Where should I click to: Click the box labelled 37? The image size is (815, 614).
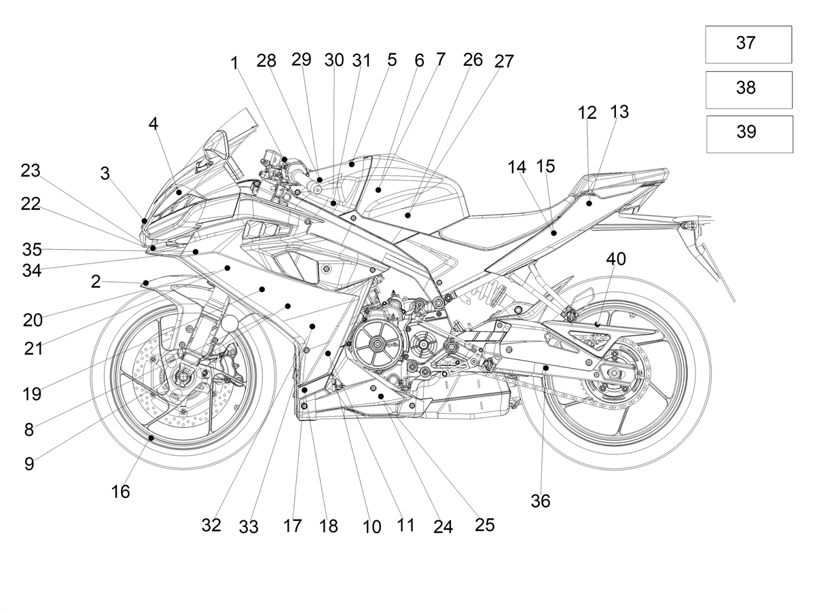(748, 45)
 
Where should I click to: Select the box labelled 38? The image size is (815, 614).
(748, 90)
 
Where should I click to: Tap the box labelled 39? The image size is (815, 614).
(749, 134)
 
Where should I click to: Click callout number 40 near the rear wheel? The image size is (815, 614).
(616, 259)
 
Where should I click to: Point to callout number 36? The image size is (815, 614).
(540, 501)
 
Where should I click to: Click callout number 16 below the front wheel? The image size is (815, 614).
(120, 492)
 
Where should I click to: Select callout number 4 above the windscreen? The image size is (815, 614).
(153, 124)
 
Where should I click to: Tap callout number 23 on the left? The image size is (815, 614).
(31, 170)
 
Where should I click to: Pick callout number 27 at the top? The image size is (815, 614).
(504, 61)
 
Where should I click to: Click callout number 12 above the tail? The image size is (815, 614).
(587, 113)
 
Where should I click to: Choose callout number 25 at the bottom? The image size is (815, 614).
(484, 525)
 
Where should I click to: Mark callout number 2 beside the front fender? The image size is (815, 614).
(96, 282)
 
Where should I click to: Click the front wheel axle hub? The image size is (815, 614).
(183, 377)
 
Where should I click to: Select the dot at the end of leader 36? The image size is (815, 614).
(546, 368)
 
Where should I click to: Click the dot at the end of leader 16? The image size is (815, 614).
(151, 438)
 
